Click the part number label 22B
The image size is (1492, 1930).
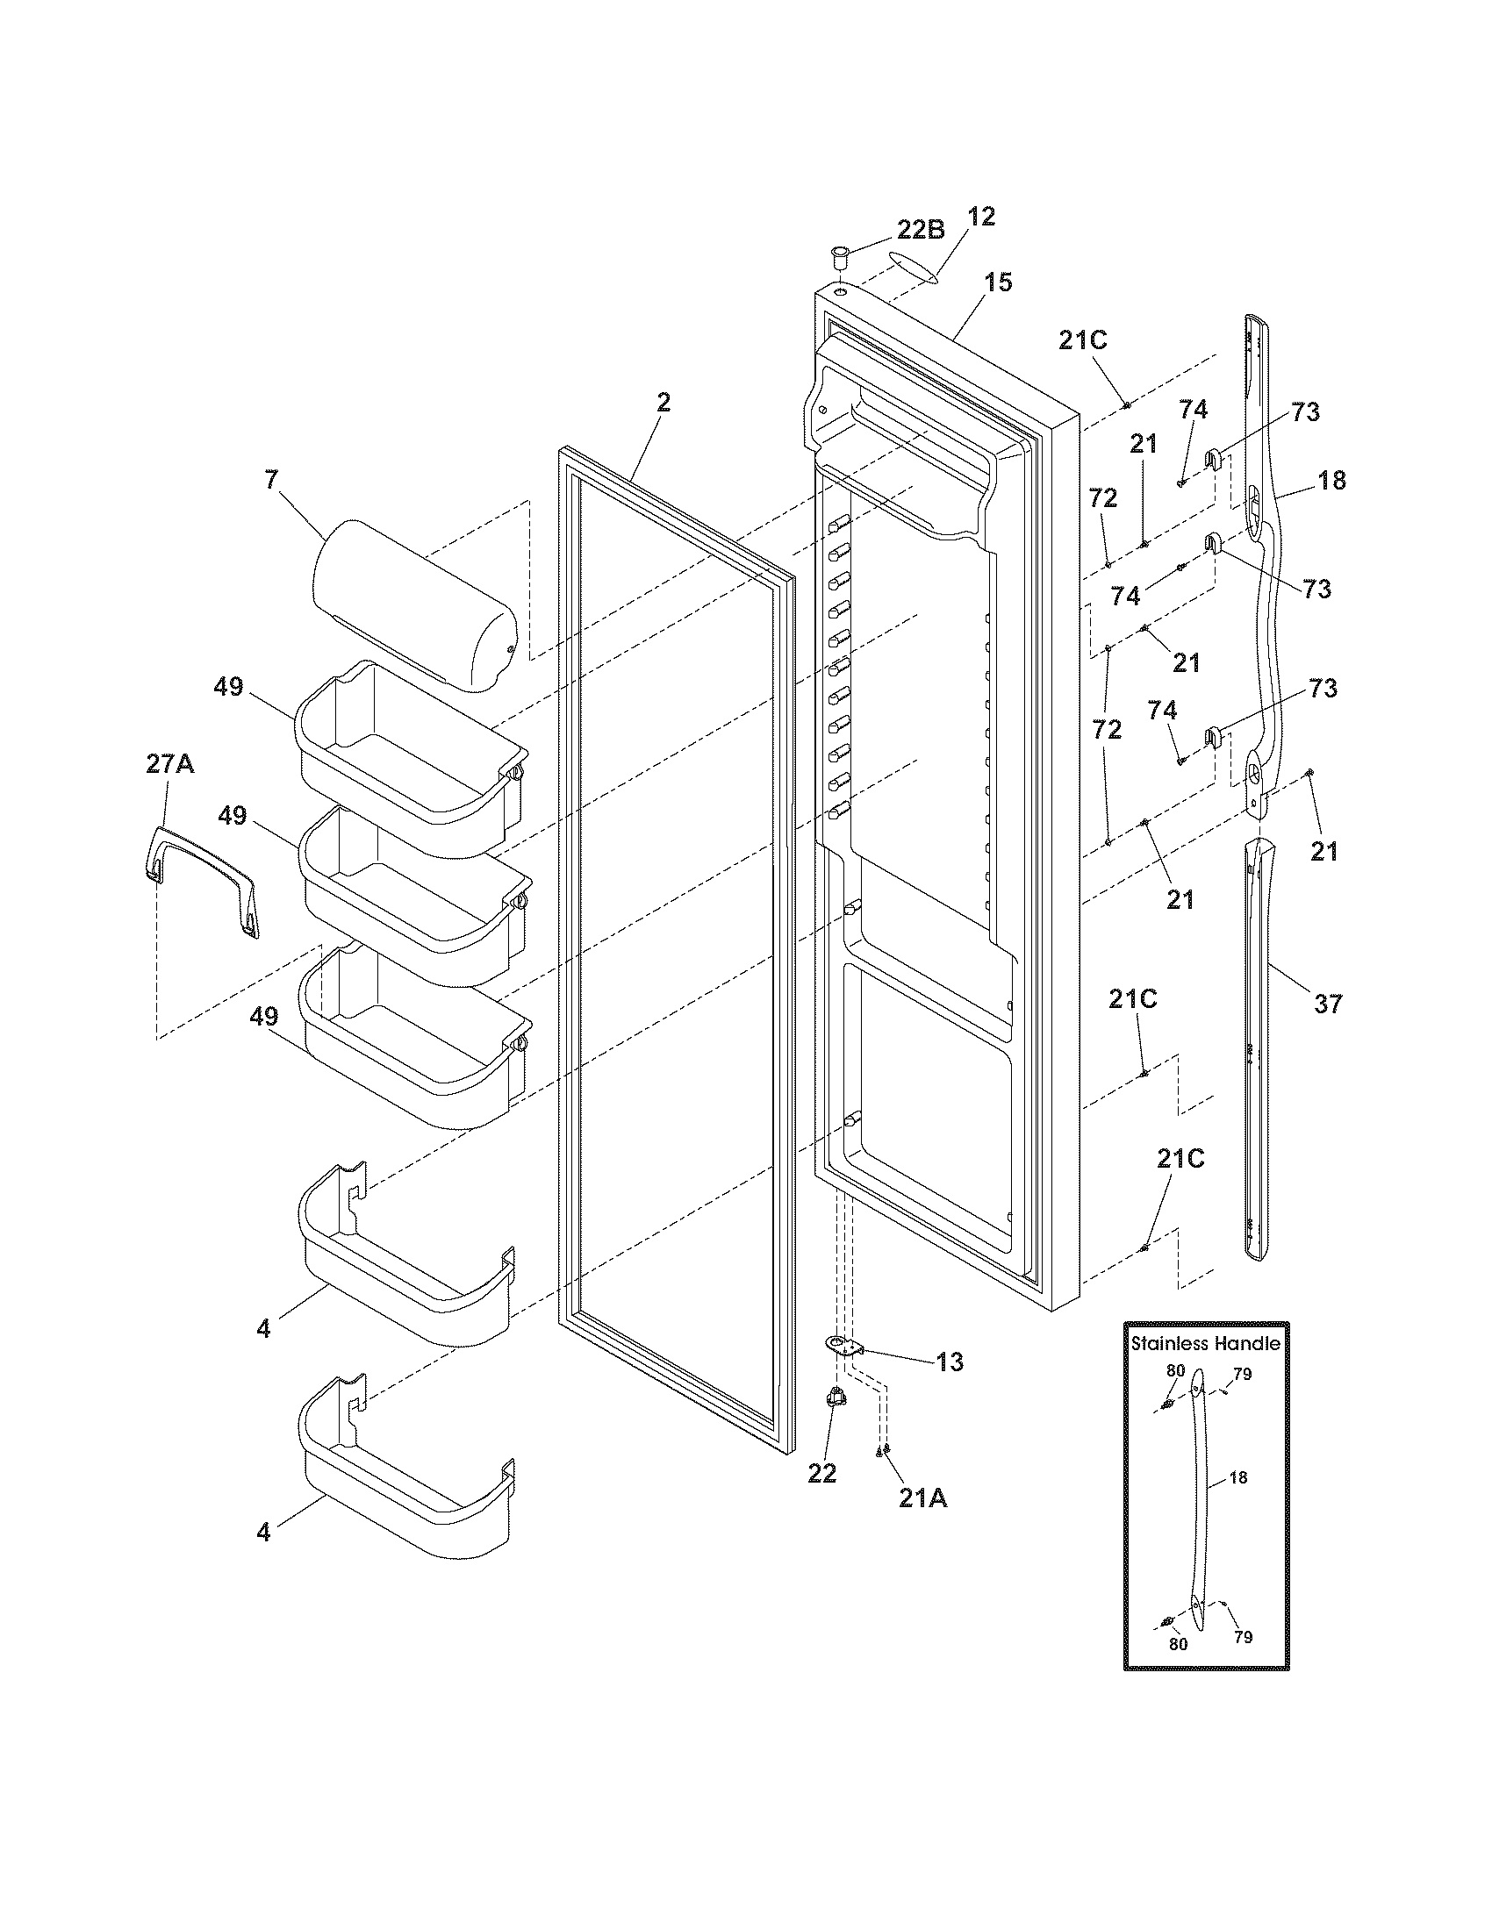(x=921, y=231)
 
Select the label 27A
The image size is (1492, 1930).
(x=169, y=764)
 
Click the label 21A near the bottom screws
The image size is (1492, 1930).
(x=922, y=1499)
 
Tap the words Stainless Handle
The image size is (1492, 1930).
(x=1206, y=1343)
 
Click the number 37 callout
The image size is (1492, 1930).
(x=1328, y=1004)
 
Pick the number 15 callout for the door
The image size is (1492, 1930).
(x=998, y=282)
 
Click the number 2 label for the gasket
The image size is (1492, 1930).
(x=663, y=403)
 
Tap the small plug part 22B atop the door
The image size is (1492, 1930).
(x=838, y=259)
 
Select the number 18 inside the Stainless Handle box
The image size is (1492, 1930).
(x=1237, y=1477)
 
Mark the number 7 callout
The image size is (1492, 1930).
(x=270, y=480)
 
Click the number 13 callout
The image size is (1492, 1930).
(x=950, y=1362)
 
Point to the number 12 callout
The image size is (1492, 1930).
(x=981, y=217)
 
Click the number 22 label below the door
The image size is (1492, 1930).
(x=822, y=1473)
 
